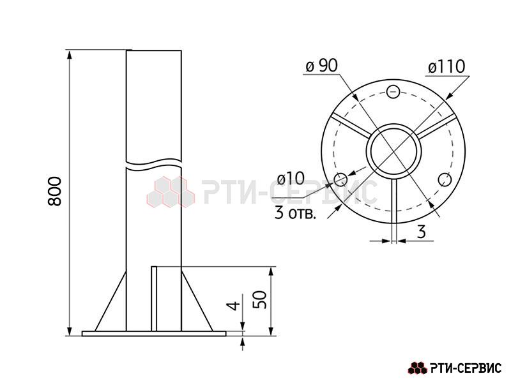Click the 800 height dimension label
54,191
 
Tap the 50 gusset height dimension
260,299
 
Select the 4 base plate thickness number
233,306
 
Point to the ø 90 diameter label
321,66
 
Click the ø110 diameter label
446,67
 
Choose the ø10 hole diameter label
291,179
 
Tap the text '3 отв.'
295,214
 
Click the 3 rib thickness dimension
422,232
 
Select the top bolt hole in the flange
393,91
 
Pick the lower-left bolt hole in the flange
341,179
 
